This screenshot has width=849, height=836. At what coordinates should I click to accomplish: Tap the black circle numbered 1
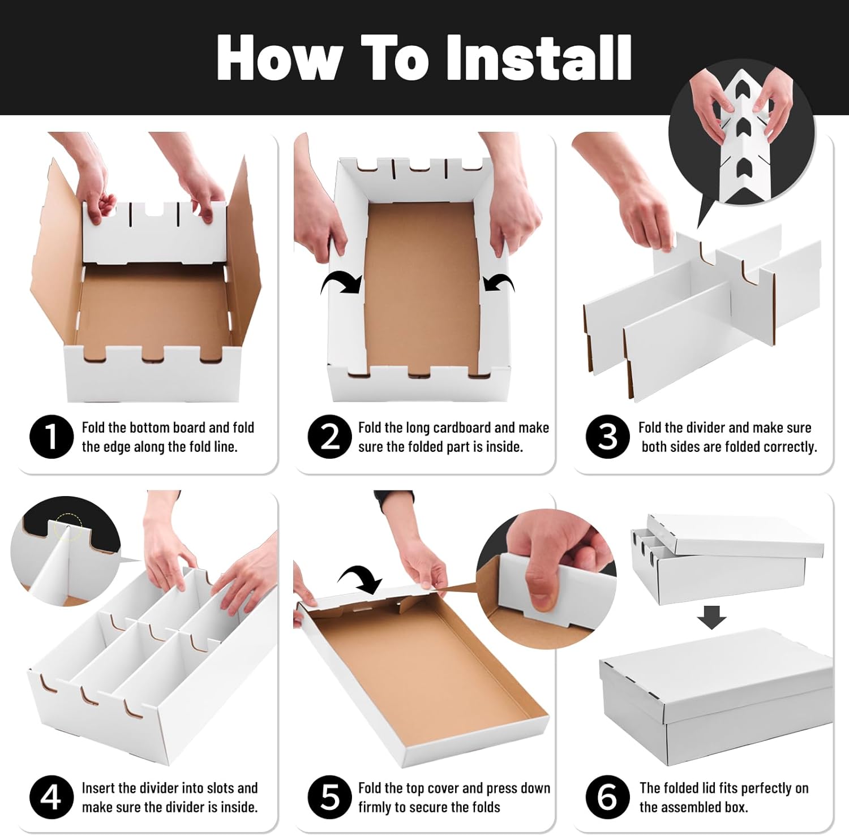[51, 437]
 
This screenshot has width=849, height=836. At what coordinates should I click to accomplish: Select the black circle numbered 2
[329, 437]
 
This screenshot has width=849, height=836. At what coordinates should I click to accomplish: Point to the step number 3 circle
[607, 437]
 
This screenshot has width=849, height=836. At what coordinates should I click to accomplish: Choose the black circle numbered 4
[51, 797]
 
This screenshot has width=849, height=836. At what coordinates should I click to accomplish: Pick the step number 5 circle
[329, 797]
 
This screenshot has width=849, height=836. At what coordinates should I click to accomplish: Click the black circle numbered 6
[607, 797]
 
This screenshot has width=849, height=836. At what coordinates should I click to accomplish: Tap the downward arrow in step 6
[711, 617]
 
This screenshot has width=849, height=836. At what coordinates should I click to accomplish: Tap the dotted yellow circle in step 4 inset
[68, 527]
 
